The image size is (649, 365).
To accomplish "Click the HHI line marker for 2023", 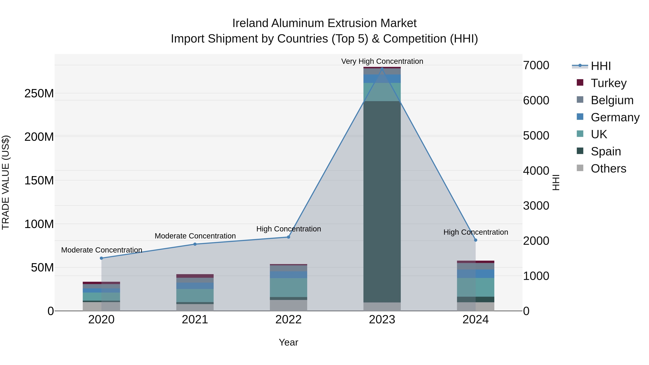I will click(382, 69).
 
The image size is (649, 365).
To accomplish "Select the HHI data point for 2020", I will click(101, 258).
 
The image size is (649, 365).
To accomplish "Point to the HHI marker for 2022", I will click(288, 237).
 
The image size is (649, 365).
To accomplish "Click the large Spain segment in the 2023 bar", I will click(382, 202).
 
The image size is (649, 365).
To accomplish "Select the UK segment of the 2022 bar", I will click(288, 287).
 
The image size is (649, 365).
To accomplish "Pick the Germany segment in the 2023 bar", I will click(382, 79).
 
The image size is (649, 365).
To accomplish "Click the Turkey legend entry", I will click(608, 83).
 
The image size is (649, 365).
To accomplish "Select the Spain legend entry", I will click(606, 151).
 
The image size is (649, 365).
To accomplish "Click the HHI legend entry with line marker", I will click(601, 66).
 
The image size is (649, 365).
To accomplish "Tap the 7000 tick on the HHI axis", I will click(536, 65).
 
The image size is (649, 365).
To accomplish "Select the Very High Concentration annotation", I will click(382, 61).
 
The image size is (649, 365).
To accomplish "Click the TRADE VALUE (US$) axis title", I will click(6, 182).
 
